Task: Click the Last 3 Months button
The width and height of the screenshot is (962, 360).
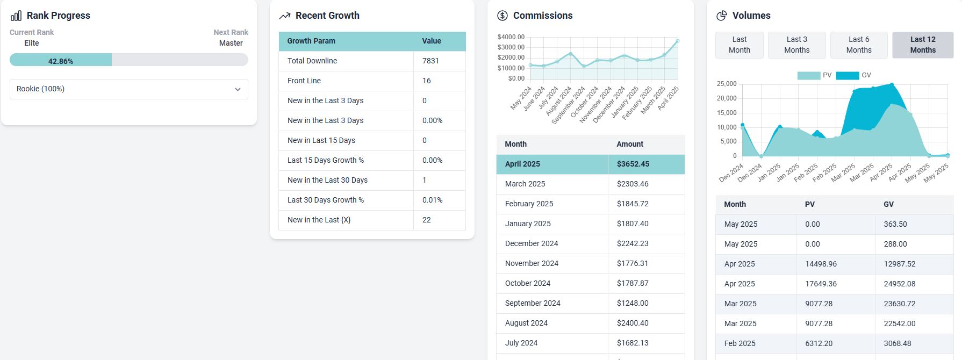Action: point(796,45)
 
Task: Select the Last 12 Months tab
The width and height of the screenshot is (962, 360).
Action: point(923,45)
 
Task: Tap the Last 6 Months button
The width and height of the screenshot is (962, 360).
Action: point(859,45)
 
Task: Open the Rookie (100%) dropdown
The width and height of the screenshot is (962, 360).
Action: point(129,89)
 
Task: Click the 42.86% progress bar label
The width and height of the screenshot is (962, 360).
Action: point(61,61)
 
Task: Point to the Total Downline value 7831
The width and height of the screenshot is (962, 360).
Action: point(430,61)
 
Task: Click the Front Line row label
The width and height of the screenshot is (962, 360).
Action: point(304,81)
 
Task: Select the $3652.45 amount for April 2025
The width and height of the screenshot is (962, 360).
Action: point(633,164)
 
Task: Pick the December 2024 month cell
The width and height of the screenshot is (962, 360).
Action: point(532,243)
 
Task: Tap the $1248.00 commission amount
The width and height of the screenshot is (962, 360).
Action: point(633,303)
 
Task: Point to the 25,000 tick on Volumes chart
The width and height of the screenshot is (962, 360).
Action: point(727,84)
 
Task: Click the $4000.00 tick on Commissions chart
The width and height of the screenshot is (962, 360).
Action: point(511,37)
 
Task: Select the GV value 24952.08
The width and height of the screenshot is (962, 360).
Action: point(900,284)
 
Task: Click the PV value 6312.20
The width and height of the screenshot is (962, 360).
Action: point(819,343)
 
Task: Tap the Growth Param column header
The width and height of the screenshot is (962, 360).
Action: point(311,41)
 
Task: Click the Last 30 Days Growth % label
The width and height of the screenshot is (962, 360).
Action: point(326,200)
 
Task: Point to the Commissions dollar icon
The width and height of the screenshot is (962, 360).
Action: point(502,16)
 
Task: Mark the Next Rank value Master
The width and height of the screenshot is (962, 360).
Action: point(231,43)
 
